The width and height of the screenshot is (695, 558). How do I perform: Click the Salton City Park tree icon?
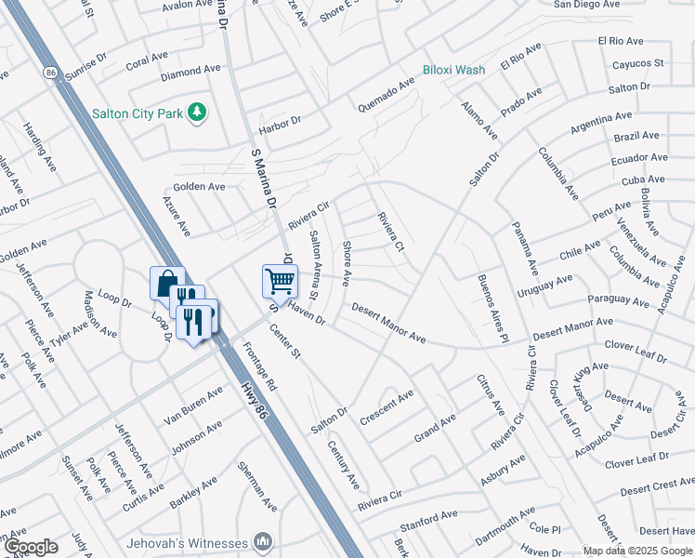196,113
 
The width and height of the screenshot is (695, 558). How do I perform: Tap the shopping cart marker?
280,279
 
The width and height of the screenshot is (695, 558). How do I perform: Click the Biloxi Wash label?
453,70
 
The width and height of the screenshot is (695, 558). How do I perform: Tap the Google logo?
31,546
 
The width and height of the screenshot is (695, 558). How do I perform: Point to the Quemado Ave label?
387,95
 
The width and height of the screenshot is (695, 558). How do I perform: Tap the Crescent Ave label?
387,407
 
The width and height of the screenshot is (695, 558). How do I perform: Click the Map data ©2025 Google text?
637,550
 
